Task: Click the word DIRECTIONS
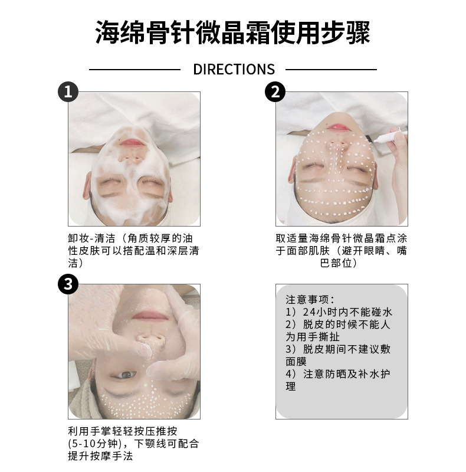[234, 69]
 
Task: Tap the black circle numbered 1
[68, 91]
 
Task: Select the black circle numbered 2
[275, 91]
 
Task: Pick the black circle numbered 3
[68, 284]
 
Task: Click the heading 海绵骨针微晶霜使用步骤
[232, 32]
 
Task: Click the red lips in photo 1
[132, 142]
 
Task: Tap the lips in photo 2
[339, 127]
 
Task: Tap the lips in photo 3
[150, 315]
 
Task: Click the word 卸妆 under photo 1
[78, 238]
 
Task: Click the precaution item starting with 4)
[338, 380]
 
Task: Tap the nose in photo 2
[338, 146]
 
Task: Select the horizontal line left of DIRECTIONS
[134, 70]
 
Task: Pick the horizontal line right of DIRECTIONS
[331, 70]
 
